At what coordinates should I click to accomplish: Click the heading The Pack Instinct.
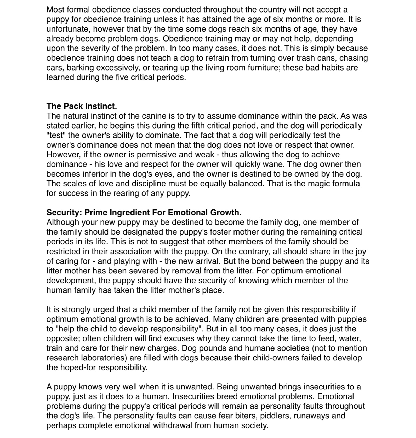pos(82,106)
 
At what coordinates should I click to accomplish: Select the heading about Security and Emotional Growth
pos(144,213)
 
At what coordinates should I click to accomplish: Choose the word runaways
pos(312,416)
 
